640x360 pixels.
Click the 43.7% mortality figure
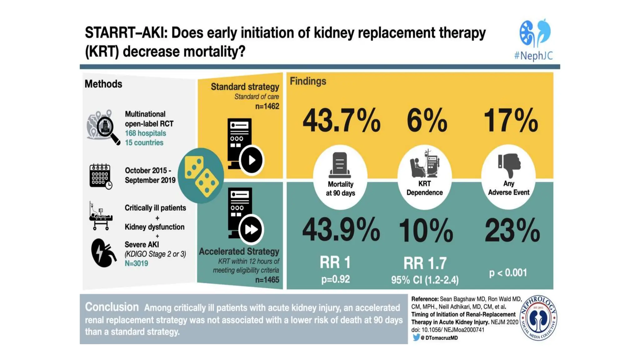coord(341,121)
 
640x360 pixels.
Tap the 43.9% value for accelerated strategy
coord(341,230)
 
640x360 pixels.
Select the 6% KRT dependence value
coord(427,121)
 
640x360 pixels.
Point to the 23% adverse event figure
coord(512,231)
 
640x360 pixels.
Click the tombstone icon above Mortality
coord(340,165)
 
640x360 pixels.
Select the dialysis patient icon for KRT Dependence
coord(424,164)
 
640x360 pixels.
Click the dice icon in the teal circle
coord(201,176)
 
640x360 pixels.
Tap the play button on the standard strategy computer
coord(252,160)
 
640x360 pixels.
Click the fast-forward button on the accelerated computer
coord(251,229)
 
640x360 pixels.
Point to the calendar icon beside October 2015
coord(100,176)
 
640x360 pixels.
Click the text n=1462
coord(267,106)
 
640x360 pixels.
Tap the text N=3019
coord(136,263)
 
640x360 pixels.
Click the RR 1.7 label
coord(425,263)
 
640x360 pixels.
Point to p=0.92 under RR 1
coord(335,279)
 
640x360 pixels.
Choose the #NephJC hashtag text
coord(533,56)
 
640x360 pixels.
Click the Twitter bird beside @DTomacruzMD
coord(416,337)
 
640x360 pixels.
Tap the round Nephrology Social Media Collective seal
coord(538,318)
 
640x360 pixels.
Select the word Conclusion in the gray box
coord(112,307)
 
